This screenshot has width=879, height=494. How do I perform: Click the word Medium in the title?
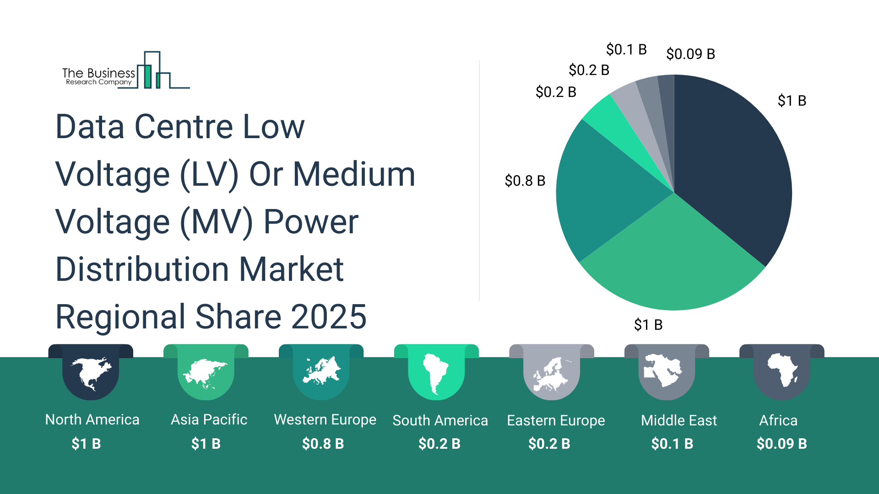pyautogui.click(x=354, y=174)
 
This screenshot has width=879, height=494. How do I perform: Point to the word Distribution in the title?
pyautogui.click(x=142, y=269)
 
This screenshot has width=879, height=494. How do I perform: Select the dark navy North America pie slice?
pyautogui.click(x=732, y=165)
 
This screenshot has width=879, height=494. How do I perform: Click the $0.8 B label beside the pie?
pyautogui.click(x=525, y=181)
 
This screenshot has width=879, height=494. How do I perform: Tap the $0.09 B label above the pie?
pyautogui.click(x=690, y=54)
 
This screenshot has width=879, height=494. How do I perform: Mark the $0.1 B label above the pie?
pyautogui.click(x=626, y=49)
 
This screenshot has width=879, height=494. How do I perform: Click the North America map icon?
pyautogui.click(x=91, y=373)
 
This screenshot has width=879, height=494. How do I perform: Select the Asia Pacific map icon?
pyautogui.click(x=206, y=373)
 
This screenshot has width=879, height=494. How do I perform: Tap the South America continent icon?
pyautogui.click(x=436, y=373)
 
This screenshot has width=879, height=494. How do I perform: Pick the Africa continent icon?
pyautogui.click(x=782, y=370)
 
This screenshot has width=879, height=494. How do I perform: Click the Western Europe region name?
pyautogui.click(x=325, y=419)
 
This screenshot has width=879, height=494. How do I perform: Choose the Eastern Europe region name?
pyautogui.click(x=556, y=420)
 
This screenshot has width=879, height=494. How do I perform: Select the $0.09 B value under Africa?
pyautogui.click(x=781, y=444)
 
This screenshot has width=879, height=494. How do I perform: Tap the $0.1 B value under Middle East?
pyautogui.click(x=672, y=444)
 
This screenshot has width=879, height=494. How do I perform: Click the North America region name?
pyautogui.click(x=92, y=419)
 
